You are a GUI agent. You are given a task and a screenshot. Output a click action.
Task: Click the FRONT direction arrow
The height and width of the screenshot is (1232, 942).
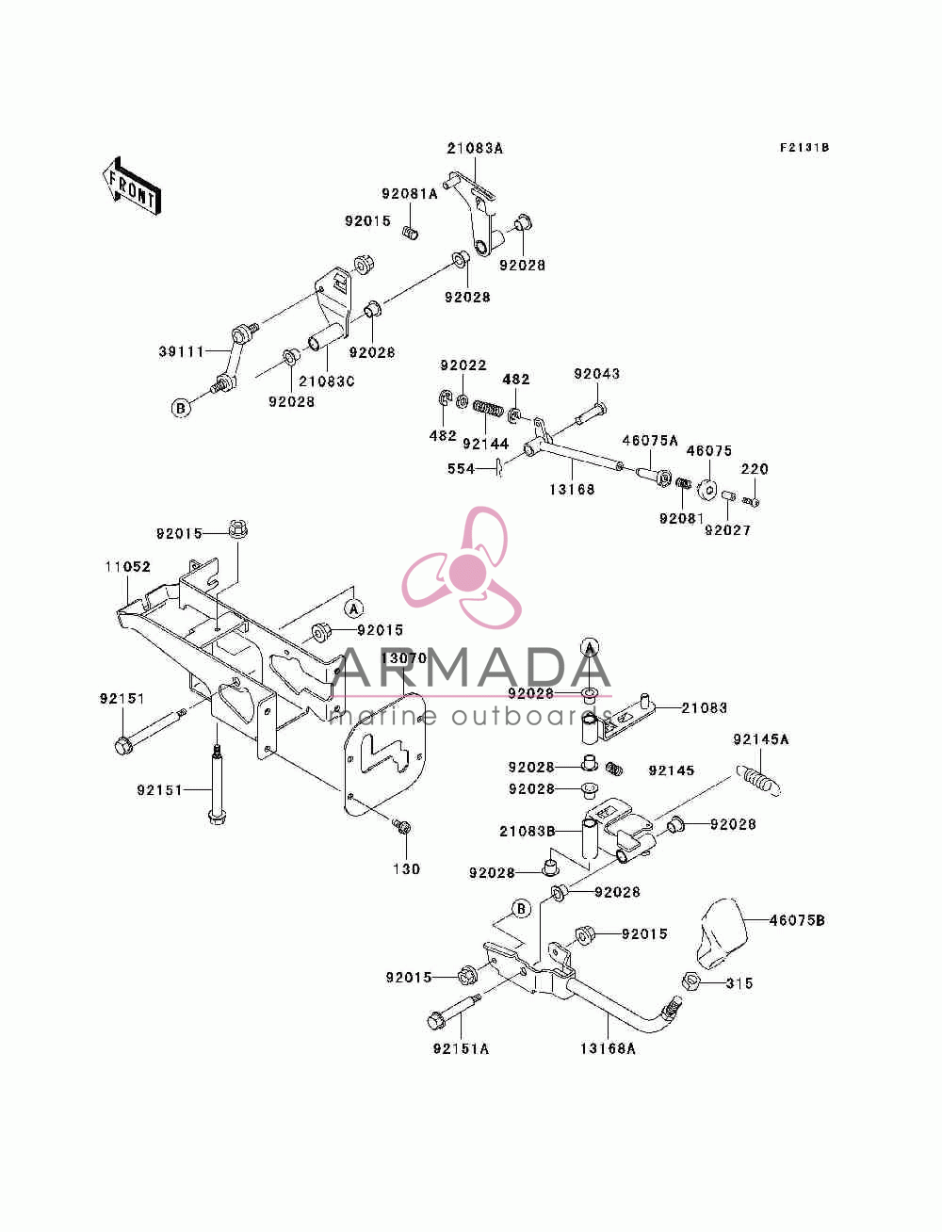132,186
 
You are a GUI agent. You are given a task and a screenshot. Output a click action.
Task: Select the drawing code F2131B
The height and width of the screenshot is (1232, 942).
804,148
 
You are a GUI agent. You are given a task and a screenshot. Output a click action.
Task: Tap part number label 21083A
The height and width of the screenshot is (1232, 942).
475,149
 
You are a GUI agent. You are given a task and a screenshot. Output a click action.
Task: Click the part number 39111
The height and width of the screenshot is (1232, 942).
181,352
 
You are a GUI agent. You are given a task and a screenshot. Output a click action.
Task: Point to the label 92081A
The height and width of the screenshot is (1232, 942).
409,194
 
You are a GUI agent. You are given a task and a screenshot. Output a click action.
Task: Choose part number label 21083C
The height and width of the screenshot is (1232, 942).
327,381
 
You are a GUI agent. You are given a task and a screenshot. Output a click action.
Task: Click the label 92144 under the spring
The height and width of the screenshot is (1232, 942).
485,444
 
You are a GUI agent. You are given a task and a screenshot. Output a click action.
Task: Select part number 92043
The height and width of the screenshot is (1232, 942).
596,374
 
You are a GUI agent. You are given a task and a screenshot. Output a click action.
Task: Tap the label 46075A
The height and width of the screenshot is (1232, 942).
650,441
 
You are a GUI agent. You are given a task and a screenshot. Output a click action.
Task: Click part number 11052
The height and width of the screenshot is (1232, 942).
128,567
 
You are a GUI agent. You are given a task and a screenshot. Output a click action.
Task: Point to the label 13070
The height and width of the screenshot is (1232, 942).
403,657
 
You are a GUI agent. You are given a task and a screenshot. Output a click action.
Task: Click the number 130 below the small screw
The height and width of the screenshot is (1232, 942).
406,869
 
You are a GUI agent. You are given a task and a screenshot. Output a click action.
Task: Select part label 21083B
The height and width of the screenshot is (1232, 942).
528,832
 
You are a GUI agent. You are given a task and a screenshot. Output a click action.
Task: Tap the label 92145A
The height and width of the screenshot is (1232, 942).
761,739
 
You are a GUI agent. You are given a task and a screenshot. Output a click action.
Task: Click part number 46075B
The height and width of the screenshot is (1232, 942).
797,920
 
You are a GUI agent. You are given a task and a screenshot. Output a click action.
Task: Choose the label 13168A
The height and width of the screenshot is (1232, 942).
608,1048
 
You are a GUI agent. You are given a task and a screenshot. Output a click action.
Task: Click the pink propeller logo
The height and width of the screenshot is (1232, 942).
462,568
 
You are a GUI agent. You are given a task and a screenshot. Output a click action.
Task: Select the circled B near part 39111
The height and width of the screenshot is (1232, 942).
181,408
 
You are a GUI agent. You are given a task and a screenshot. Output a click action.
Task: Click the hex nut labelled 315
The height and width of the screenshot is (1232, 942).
690,981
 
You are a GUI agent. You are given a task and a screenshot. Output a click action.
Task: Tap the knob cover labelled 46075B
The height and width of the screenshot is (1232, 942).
723,933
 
